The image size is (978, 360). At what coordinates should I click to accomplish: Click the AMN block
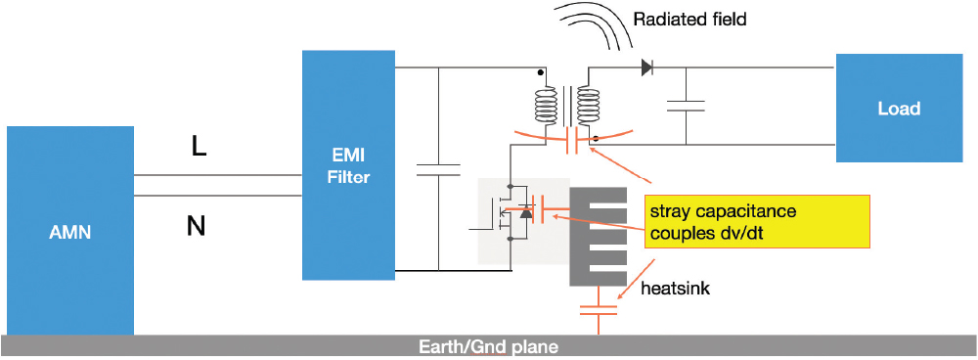[x=70, y=231]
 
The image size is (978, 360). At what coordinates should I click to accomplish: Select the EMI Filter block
[x=349, y=164]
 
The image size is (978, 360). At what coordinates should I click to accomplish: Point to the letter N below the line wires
[x=196, y=226]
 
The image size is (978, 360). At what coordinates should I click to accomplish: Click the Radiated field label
[x=689, y=20]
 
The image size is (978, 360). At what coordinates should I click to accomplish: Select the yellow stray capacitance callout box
[x=757, y=221]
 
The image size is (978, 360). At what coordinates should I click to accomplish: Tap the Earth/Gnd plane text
[x=488, y=346]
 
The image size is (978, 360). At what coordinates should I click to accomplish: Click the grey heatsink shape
[x=598, y=237]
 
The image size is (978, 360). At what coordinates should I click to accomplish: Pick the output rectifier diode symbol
[x=646, y=67]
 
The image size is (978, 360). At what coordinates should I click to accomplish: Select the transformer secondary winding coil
[x=588, y=105]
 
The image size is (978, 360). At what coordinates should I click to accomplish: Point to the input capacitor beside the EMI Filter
[x=438, y=169]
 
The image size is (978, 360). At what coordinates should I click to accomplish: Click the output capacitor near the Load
[x=686, y=106]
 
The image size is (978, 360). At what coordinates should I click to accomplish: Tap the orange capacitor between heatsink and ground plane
[x=599, y=311]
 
